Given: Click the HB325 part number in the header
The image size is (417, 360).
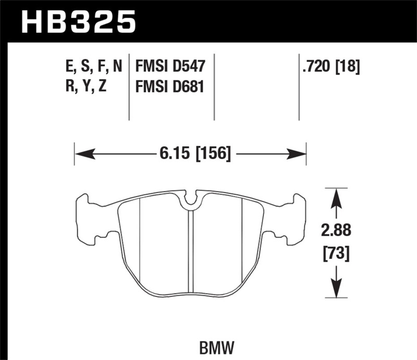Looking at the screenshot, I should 78,22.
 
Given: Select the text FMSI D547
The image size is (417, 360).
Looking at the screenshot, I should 170,66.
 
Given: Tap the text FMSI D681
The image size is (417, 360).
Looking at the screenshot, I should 170,86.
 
